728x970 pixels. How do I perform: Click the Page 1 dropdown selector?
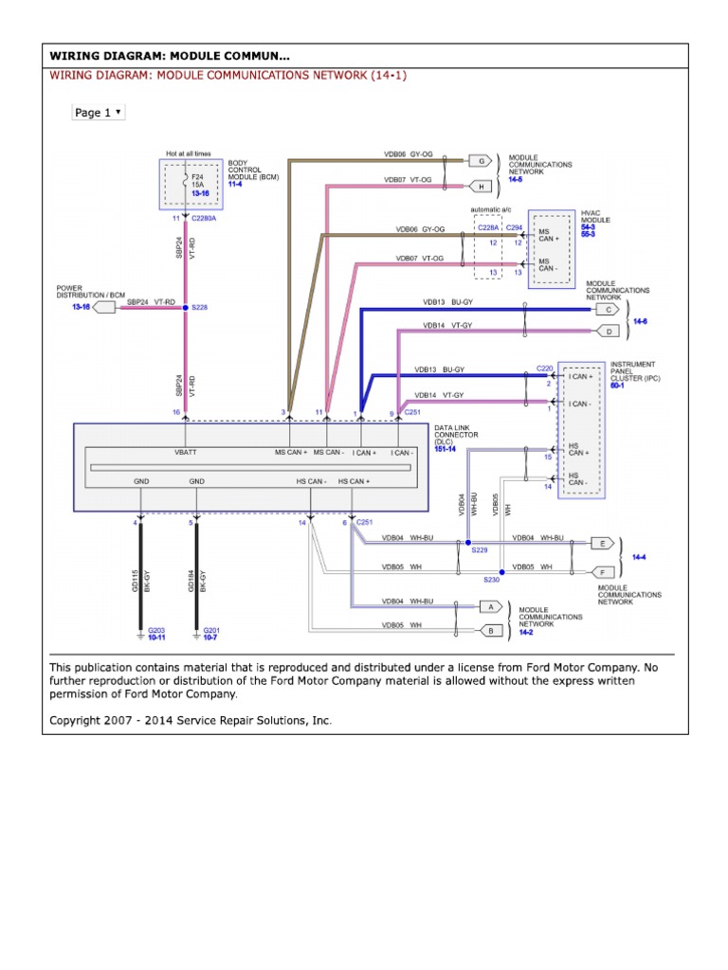(x=98, y=113)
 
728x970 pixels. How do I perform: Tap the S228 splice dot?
(x=185, y=307)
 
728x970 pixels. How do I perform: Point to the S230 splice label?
(x=491, y=579)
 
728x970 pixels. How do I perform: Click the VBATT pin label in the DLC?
(x=185, y=453)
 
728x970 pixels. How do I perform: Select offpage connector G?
(x=481, y=161)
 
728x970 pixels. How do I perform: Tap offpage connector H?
(x=481, y=186)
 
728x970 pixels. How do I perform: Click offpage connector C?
(x=608, y=309)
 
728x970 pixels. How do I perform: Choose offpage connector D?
(x=608, y=332)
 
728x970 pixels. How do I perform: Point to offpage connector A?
(x=490, y=606)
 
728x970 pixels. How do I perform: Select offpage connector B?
(x=490, y=630)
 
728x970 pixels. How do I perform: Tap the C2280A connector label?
(x=204, y=218)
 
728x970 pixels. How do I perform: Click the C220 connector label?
(x=544, y=368)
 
